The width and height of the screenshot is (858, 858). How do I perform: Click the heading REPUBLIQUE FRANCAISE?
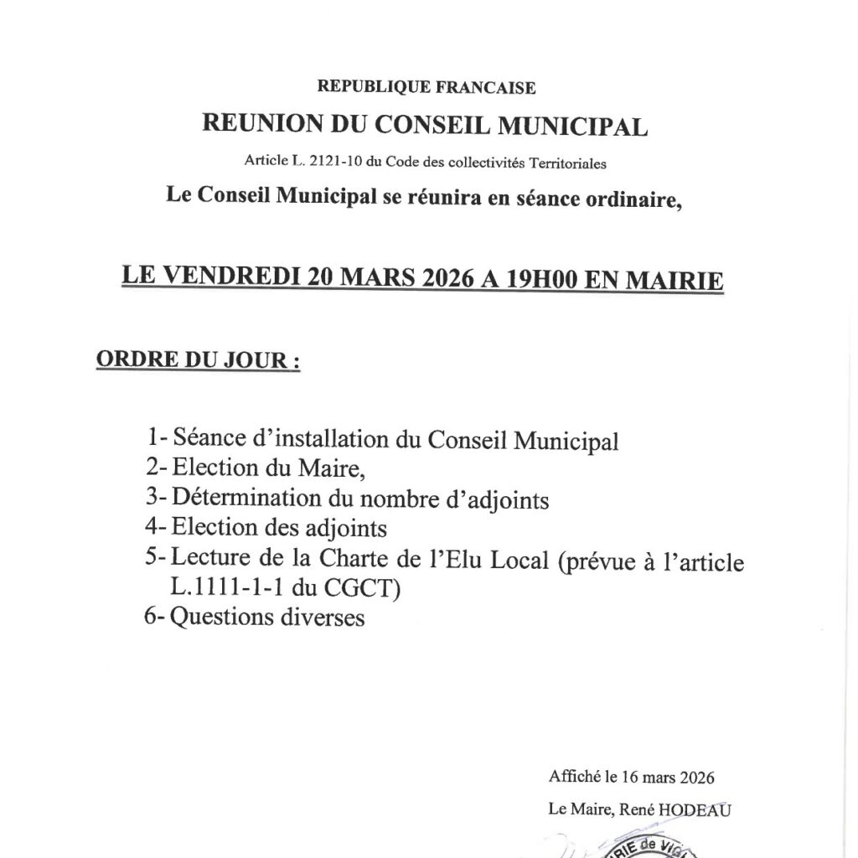point(426,86)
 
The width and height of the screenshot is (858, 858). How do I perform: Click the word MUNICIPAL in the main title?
point(573,126)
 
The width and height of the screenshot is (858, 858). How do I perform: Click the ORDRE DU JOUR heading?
point(199,361)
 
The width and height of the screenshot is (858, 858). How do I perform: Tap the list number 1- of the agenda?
point(157,437)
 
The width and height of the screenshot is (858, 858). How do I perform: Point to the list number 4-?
point(157,529)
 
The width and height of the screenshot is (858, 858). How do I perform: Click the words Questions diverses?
point(268,618)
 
